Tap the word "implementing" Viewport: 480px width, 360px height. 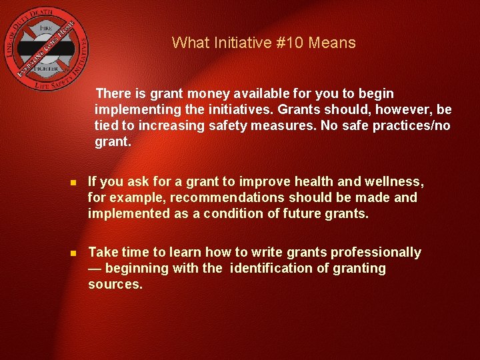point(137,109)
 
